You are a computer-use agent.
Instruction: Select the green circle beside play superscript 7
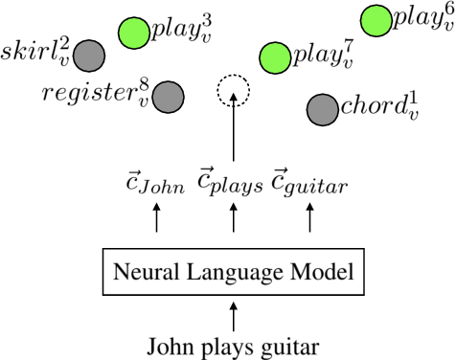coord(275,57)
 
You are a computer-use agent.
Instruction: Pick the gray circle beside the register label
coord(169,96)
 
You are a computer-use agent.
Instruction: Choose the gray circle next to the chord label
coord(322,110)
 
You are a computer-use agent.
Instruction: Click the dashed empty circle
coord(233,92)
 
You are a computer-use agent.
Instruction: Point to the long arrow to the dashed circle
coord(233,139)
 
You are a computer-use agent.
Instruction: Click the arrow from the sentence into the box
coord(233,313)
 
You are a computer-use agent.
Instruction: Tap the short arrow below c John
coord(157,220)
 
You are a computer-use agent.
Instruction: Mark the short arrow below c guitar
coord(308,220)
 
